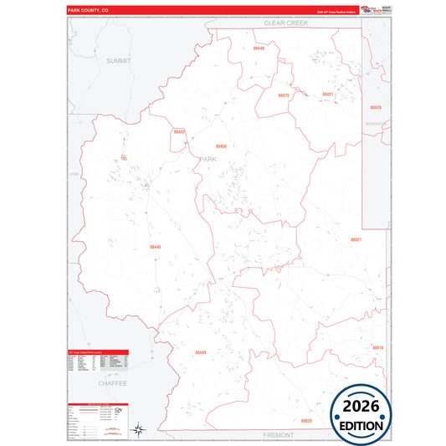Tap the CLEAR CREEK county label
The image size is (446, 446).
coord(286,23)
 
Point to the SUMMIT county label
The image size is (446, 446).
coord(119,61)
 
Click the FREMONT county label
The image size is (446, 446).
coord(277,436)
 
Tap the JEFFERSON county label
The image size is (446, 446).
coord(376,124)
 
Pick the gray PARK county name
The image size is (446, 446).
coord(208,158)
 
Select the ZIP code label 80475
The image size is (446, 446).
coord(284,95)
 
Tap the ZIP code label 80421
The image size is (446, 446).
coord(328,95)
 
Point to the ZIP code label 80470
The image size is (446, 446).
coord(376,108)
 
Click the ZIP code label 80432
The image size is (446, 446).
coord(179,131)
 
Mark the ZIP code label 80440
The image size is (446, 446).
coord(156,247)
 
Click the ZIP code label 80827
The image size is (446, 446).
coord(356,239)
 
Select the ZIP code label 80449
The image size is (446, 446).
coord(200,352)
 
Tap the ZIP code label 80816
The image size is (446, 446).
coord(377,347)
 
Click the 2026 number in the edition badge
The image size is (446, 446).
coord(360,406)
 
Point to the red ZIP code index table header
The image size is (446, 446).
coord(96,352)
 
